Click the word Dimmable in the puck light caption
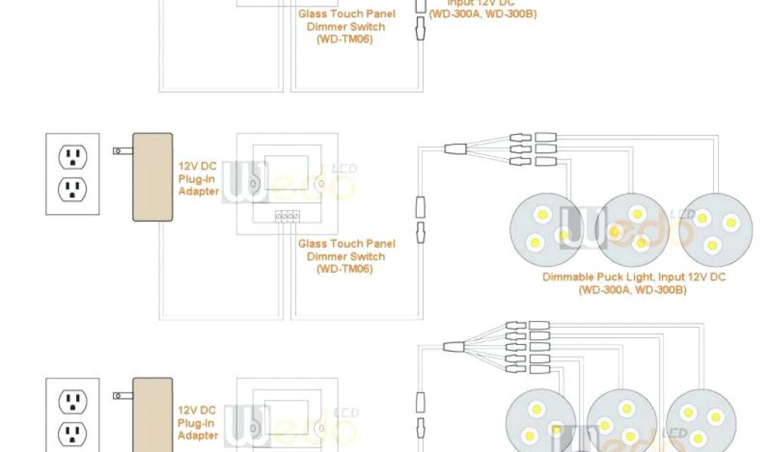[x=567, y=277]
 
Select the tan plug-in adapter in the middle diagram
[x=152, y=177]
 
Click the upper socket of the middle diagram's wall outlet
[x=73, y=157]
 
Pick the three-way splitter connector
[x=457, y=148]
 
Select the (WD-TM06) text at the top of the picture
[x=345, y=39]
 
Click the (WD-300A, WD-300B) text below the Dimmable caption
[x=633, y=290]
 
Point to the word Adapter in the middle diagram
[x=198, y=191]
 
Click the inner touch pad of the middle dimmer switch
[x=284, y=174]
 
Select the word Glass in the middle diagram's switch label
[x=313, y=244]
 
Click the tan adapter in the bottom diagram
[x=152, y=414]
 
